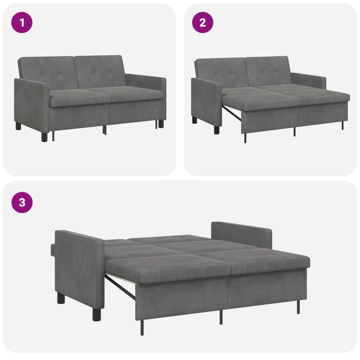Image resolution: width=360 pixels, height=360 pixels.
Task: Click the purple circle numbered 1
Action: (22, 22)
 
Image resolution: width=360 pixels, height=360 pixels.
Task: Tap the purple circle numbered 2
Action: (202, 22)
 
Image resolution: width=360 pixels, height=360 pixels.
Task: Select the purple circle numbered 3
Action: (22, 202)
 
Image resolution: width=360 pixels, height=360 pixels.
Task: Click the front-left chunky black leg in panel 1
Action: (45, 137)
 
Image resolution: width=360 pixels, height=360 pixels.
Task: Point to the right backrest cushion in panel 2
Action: (267, 71)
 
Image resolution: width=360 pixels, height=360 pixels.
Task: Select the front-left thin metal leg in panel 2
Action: (245, 138)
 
